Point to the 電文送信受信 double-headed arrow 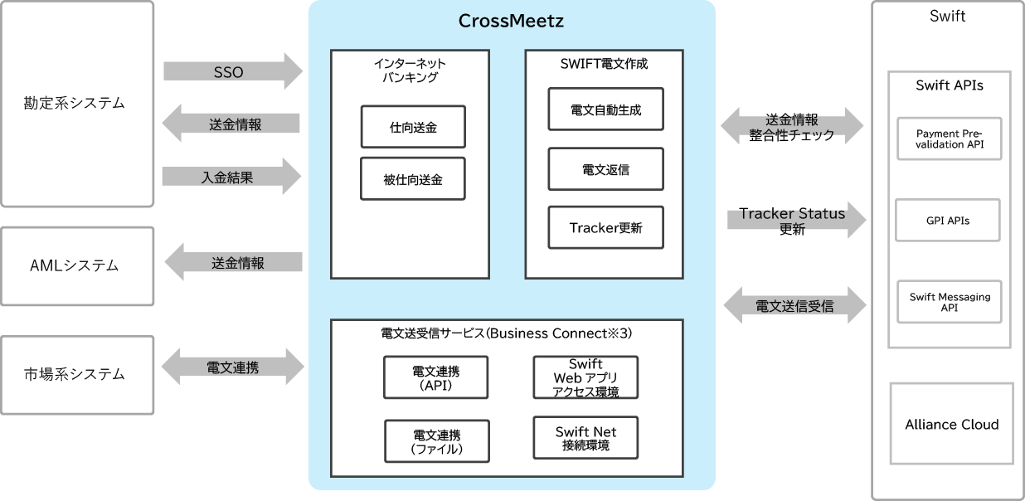(x=794, y=306)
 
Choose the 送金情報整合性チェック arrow (x=792, y=127)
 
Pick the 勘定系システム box (x=77, y=104)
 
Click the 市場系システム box (x=77, y=374)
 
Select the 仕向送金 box (x=413, y=127)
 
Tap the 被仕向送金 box (x=413, y=179)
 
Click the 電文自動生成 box (x=606, y=109)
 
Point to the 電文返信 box (x=606, y=169)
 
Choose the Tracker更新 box (x=606, y=228)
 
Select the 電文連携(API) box (x=436, y=377)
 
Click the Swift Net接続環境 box (x=585, y=438)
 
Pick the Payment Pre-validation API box (x=949, y=139)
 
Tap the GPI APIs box (x=948, y=221)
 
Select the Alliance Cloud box (x=951, y=424)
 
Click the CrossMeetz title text (x=511, y=21)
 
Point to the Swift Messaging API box (x=949, y=302)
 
